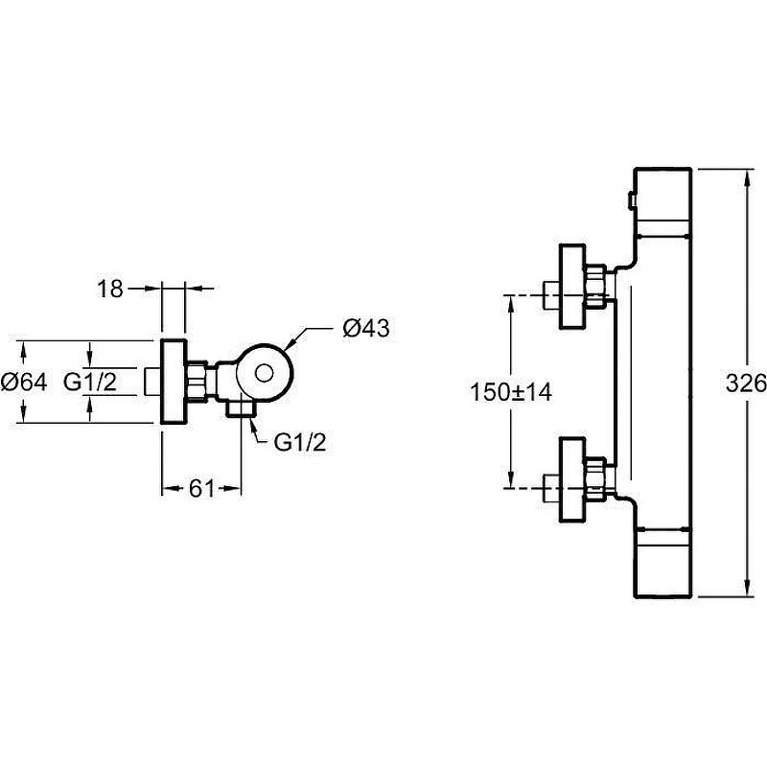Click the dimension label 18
coord(110,289)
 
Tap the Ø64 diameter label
coord(24,382)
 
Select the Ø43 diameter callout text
coord(366,328)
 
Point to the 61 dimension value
coord(202,488)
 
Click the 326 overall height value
coord(746,383)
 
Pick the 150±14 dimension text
coord(511,392)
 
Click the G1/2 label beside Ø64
coord(90,382)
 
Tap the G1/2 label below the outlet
coord(300,443)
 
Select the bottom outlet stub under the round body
coord(241,408)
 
